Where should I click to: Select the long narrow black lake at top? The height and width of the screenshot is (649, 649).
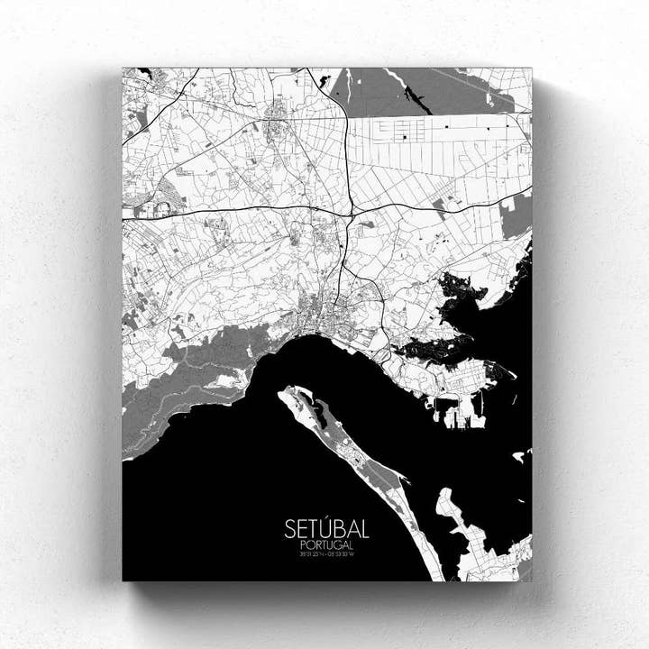pyautogui.click(x=416, y=97)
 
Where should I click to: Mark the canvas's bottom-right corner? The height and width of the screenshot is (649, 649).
pyautogui.click(x=532, y=580)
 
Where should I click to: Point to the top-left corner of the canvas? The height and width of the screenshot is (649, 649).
pyautogui.click(x=123, y=68)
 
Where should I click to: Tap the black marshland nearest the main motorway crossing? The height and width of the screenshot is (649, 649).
pyautogui.click(x=460, y=293)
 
